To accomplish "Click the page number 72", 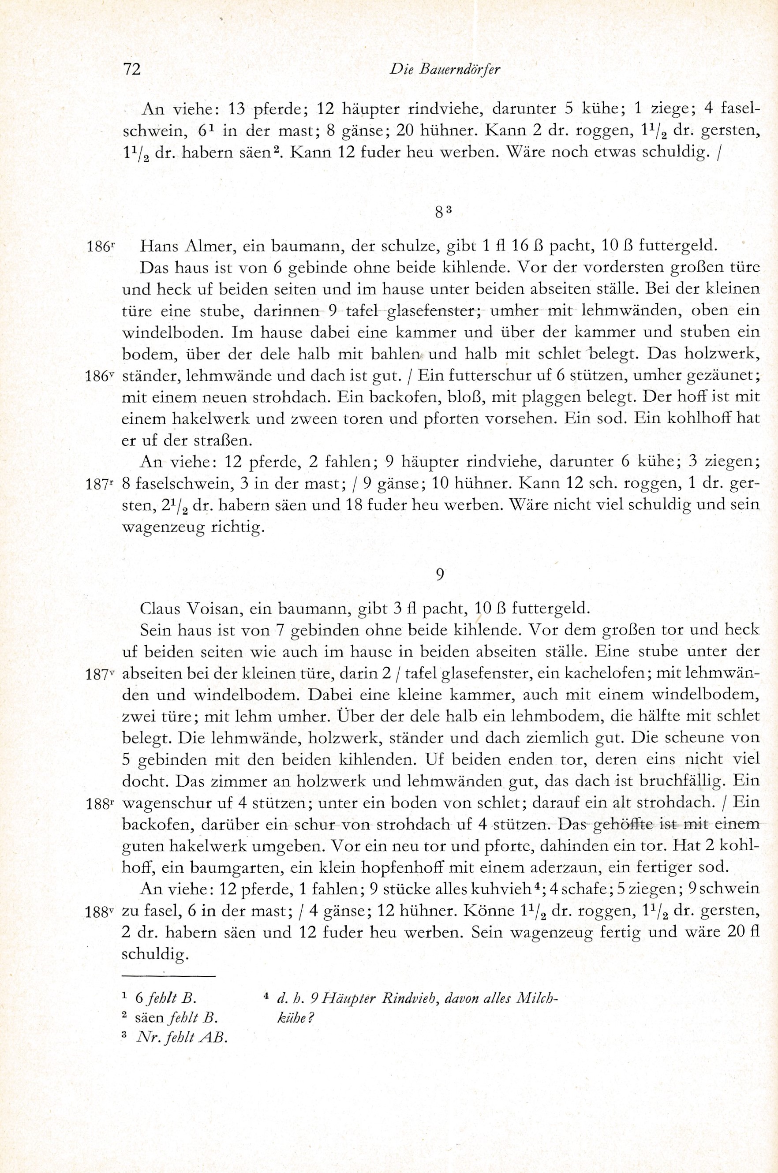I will click(x=132, y=69).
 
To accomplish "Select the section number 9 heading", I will click(x=440, y=574).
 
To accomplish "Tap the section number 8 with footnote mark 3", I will click(x=443, y=212).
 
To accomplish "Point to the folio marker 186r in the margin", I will click(x=100, y=247).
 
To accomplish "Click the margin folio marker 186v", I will click(x=100, y=377).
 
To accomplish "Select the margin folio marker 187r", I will click(x=100, y=484).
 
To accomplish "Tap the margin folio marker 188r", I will click(x=100, y=803).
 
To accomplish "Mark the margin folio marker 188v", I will click(x=100, y=912).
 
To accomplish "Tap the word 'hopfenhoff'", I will click(x=402, y=868).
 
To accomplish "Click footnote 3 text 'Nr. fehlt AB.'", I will click(x=181, y=1038).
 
